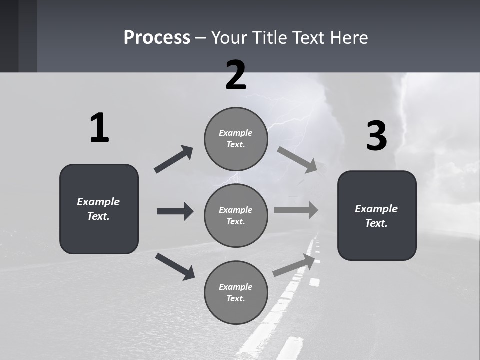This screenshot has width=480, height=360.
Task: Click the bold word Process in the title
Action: [157, 38]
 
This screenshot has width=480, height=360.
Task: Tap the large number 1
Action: [99, 128]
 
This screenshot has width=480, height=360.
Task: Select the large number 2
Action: [236, 75]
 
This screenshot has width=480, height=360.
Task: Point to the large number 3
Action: [377, 136]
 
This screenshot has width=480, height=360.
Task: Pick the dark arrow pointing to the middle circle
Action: [175, 211]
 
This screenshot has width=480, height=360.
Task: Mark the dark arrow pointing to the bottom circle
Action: [175, 266]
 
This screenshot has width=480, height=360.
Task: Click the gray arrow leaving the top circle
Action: [297, 160]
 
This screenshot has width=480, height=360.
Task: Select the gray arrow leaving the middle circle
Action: [295, 210]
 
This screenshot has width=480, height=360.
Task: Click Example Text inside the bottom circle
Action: [236, 293]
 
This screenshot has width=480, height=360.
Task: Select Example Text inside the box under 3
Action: [376, 216]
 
